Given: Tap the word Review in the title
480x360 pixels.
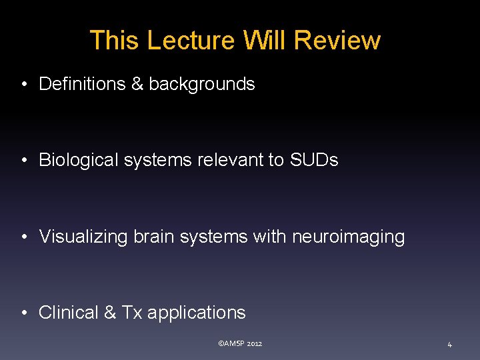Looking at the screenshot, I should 337,41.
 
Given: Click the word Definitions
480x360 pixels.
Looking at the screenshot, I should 82,84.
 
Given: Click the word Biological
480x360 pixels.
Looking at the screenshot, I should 79,161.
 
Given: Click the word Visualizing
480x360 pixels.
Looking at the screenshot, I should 83,237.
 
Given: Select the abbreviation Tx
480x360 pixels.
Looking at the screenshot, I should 131,313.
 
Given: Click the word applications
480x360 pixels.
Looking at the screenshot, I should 196,313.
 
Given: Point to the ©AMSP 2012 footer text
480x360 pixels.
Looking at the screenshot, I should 240,344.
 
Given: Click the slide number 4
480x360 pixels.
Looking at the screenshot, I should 449,345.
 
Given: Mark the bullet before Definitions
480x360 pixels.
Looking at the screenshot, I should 23,85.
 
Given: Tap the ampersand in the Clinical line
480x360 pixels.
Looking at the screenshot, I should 110,313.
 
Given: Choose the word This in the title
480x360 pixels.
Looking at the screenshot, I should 114,41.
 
